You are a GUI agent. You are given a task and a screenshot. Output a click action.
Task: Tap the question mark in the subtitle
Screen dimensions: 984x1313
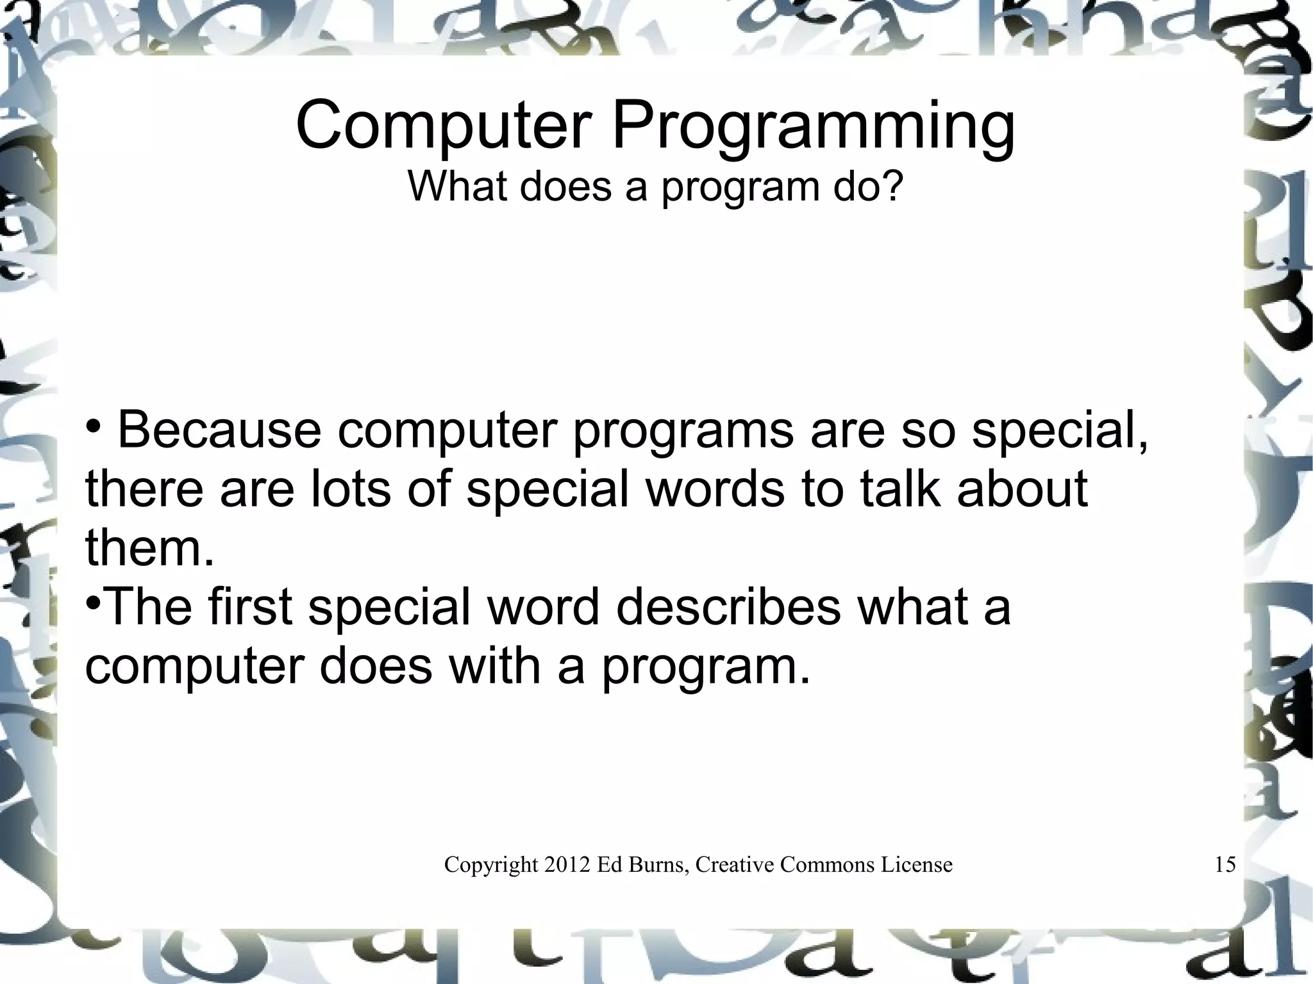pyautogui.click(x=891, y=186)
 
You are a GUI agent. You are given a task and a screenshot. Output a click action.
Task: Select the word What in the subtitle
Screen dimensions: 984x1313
pyautogui.click(x=458, y=186)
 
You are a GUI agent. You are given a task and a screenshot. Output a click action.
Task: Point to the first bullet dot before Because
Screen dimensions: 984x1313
pyautogui.click(x=93, y=425)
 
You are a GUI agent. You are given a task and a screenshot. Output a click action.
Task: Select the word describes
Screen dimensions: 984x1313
pyautogui.click(x=728, y=607)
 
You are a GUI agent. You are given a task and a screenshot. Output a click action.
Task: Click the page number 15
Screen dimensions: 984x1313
pyautogui.click(x=1225, y=865)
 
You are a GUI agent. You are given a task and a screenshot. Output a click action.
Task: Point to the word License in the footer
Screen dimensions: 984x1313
pyautogui.click(x=916, y=865)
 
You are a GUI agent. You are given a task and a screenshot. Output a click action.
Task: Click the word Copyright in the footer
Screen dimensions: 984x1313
pyautogui.click(x=490, y=865)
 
